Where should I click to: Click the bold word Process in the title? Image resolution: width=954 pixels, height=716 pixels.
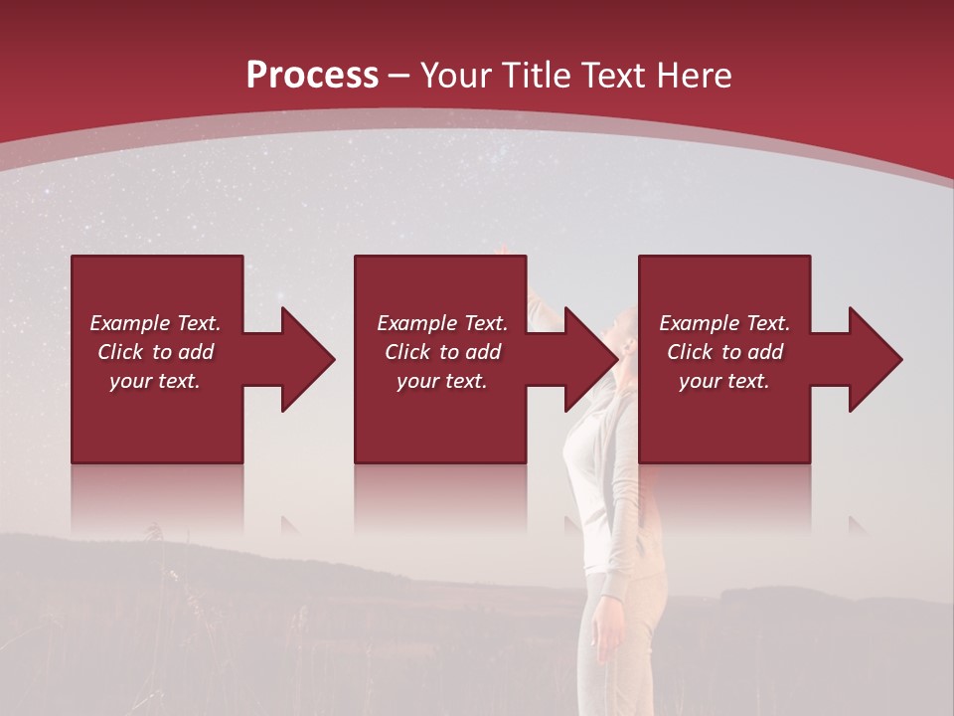[312, 76]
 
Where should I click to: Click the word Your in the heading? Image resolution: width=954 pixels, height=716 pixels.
[456, 76]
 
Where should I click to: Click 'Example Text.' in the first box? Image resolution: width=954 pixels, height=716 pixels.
[155, 323]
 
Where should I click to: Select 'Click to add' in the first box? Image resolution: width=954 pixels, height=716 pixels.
[155, 352]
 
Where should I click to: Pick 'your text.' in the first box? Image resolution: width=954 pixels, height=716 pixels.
[155, 381]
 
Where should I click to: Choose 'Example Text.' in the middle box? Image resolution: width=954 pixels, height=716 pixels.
[442, 323]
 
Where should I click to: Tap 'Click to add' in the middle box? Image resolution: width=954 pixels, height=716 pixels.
[442, 352]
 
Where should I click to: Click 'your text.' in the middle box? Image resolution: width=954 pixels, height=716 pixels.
[442, 381]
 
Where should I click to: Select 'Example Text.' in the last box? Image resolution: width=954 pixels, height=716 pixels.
[724, 323]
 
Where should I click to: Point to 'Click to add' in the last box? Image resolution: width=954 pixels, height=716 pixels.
[724, 352]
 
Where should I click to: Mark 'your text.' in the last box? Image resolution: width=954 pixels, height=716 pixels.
[724, 381]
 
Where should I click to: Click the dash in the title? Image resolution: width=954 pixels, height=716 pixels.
[399, 77]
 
